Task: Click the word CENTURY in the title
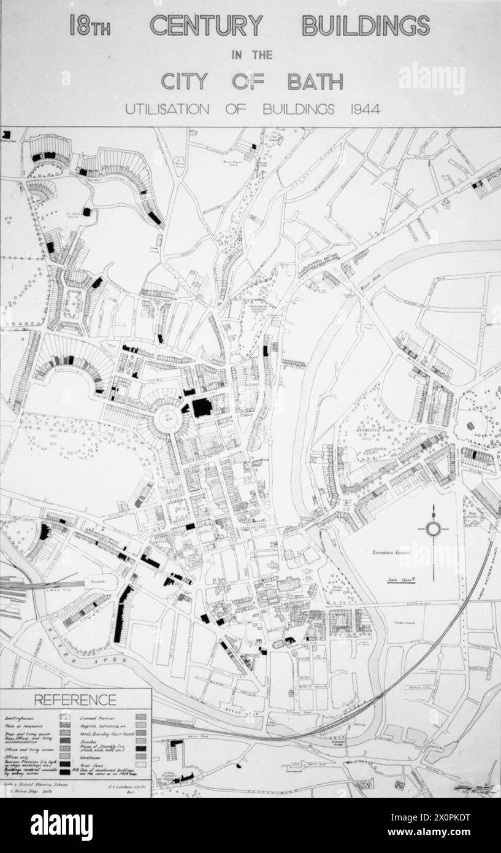point(206,26)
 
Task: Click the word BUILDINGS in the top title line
point(365,26)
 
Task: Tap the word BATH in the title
point(315,82)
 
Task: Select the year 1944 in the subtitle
point(362,110)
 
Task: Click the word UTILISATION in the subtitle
point(167,110)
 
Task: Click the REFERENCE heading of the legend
point(75,700)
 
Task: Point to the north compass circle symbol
point(434,529)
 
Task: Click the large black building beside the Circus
point(202,407)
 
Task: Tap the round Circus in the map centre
point(165,421)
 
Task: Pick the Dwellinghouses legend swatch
point(64,716)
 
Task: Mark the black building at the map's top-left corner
point(7,134)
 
